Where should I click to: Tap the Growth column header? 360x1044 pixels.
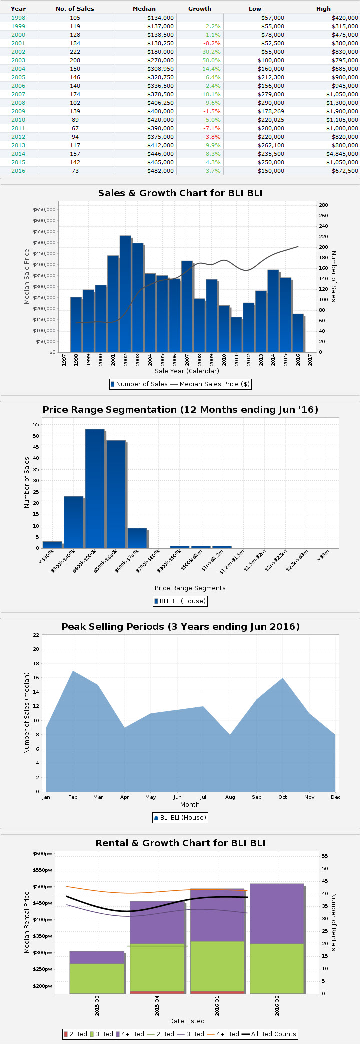point(200,9)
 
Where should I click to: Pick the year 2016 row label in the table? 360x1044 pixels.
point(18,171)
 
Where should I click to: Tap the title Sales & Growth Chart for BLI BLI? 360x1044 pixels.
point(180,193)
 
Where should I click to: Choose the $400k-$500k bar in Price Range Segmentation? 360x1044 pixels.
point(95,488)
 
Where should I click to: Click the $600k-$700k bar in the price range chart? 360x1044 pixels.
point(137,538)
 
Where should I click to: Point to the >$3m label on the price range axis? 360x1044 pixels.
point(323,555)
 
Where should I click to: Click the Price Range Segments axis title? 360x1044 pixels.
point(190,588)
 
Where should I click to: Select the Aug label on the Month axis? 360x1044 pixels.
point(230,797)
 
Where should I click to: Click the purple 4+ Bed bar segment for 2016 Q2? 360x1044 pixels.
point(277,914)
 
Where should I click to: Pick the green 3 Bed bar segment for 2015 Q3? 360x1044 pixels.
point(97,978)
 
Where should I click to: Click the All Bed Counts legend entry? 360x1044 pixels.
point(269,1034)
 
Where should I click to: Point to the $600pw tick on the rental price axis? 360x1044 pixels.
point(43,854)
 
